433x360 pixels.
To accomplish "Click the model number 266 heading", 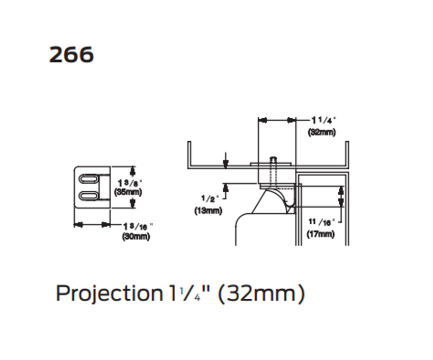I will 71,55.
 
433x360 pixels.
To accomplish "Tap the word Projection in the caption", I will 108,294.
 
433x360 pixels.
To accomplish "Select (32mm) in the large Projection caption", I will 261,294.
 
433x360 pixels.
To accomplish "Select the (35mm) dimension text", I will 128,192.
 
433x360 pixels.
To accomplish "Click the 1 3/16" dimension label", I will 138,226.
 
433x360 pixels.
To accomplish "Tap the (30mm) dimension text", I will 136,236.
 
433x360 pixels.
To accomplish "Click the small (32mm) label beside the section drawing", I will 321,132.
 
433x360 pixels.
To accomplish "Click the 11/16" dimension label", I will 320,222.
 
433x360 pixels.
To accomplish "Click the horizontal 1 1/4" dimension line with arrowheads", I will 277,120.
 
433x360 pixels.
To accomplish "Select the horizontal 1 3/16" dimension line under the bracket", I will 92,224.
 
